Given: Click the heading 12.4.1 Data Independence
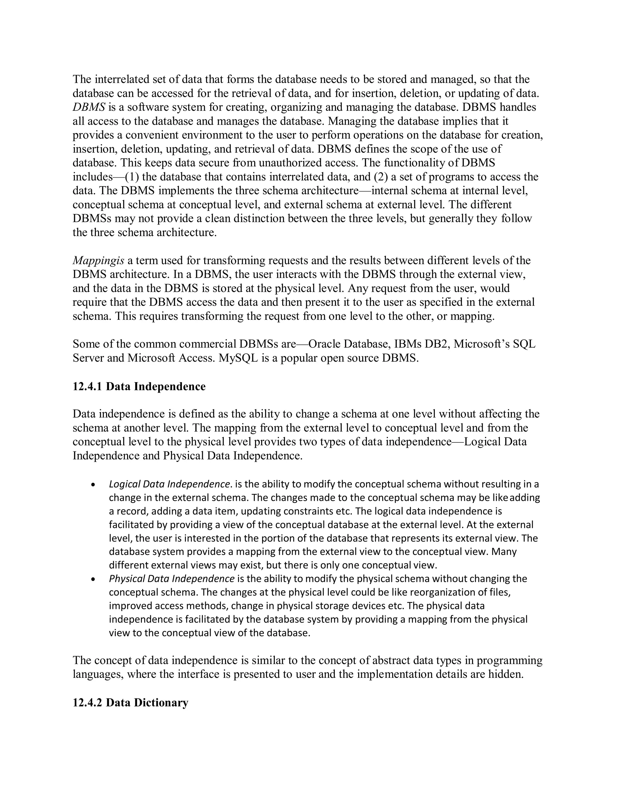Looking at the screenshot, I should tap(139, 386).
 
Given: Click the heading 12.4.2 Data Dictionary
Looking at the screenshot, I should tap(130, 702).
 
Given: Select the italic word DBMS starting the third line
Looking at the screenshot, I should tap(89, 107).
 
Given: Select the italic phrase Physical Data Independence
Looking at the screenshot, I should tap(171, 579).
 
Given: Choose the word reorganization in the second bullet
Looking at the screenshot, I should tap(439, 592).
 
